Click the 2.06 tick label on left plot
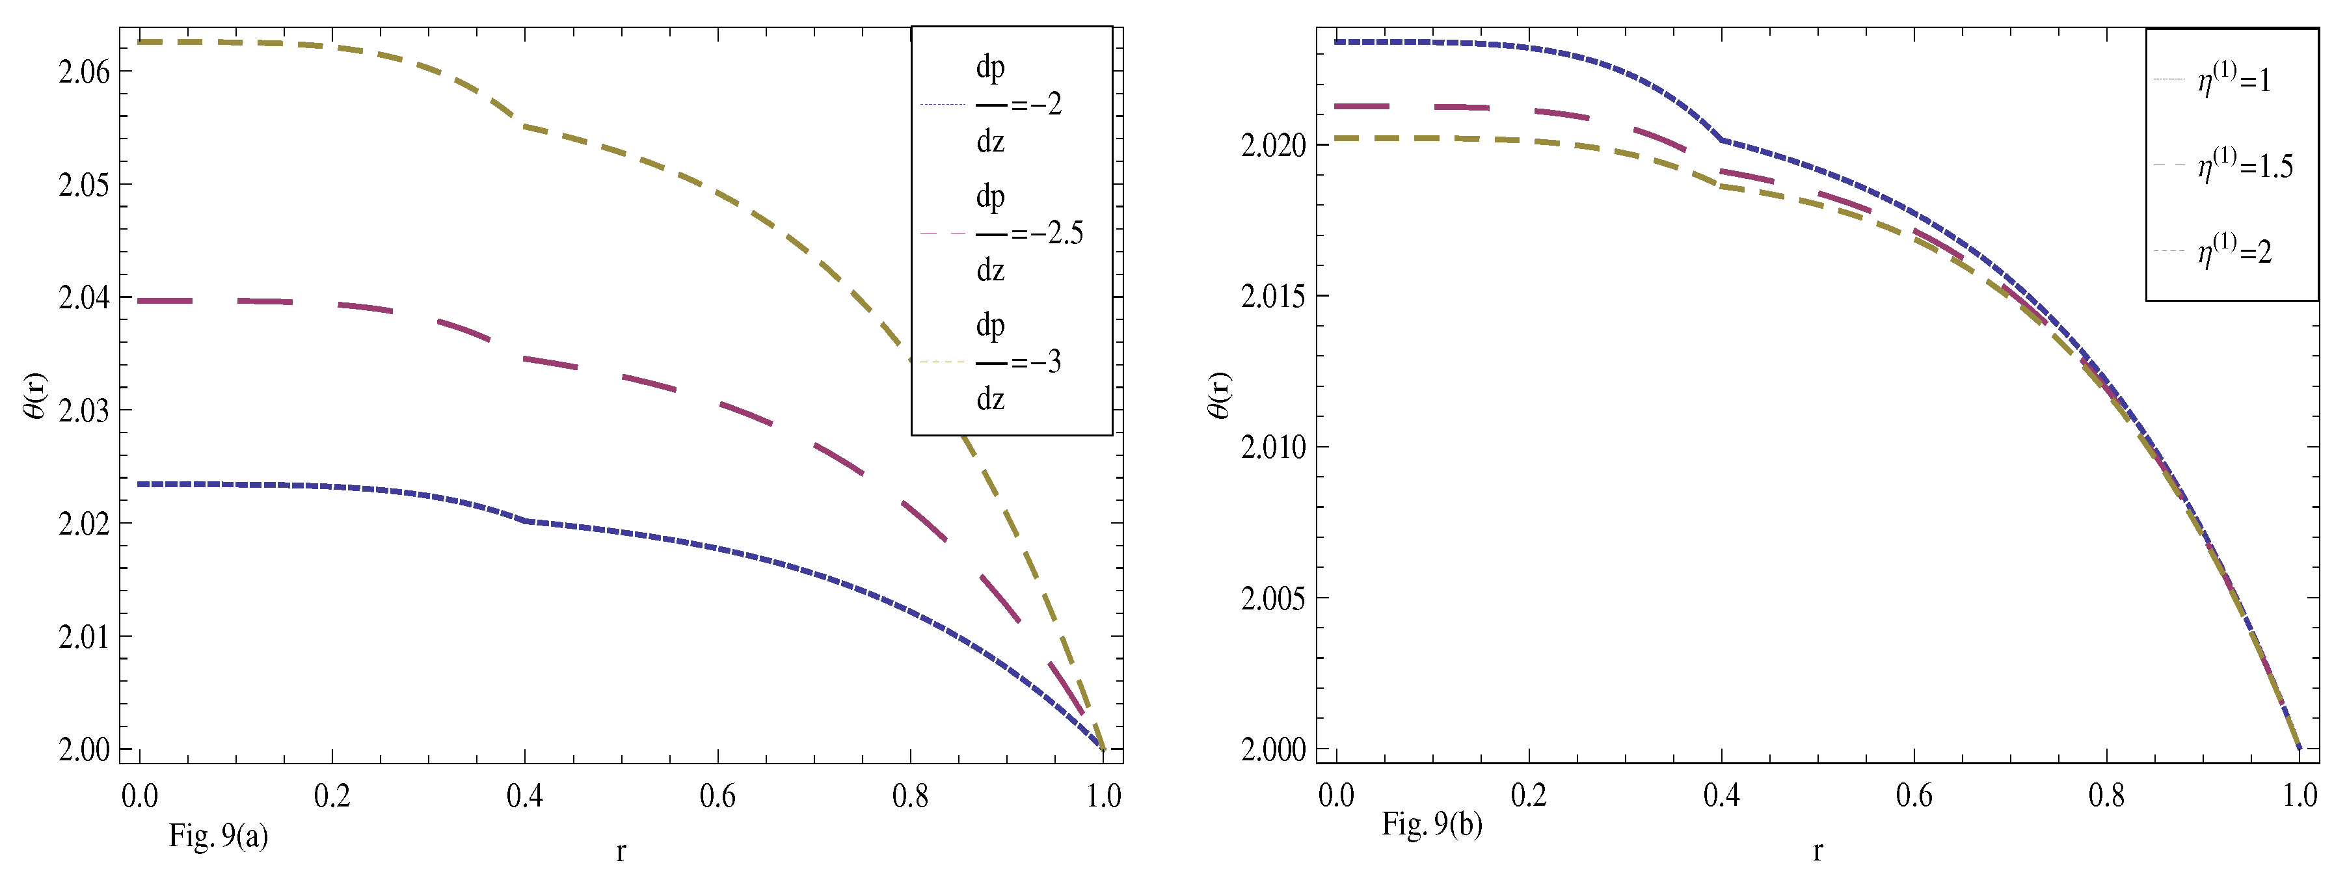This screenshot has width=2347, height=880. coord(84,72)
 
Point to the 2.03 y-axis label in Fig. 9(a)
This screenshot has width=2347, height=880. coord(84,411)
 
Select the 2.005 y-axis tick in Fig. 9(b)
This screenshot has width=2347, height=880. coord(1274,598)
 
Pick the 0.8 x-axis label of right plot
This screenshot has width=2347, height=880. coord(2106,796)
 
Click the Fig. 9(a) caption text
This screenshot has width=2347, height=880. coord(218,835)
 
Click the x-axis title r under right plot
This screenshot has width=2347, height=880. coord(1817,851)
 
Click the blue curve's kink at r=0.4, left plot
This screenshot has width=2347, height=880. coord(526,521)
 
